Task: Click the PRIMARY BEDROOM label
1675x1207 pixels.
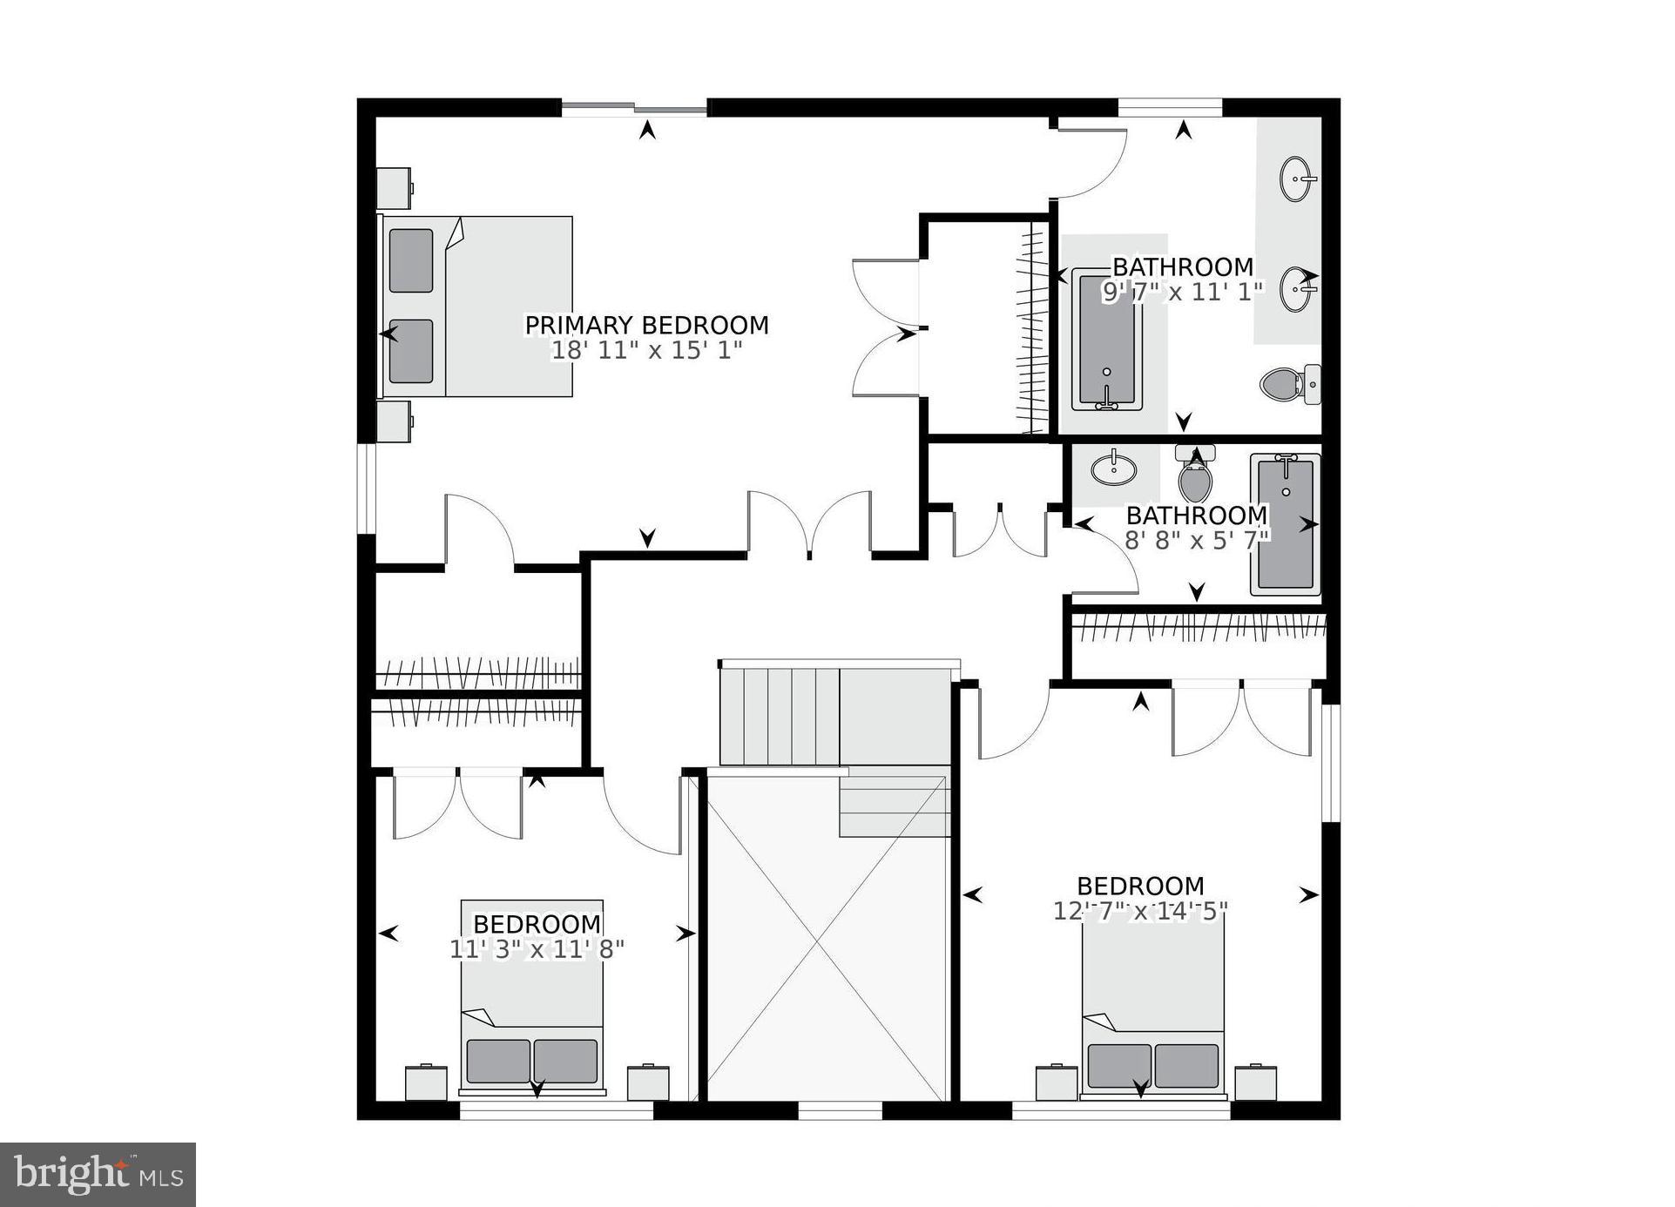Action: point(646,326)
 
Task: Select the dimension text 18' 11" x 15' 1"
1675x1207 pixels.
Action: point(646,351)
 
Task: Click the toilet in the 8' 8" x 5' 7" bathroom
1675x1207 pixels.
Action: point(1196,478)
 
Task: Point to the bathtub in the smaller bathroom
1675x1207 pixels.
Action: point(1286,524)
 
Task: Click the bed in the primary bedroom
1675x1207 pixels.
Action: point(477,307)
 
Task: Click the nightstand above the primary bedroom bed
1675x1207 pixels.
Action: point(395,187)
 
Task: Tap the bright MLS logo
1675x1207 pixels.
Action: point(98,1175)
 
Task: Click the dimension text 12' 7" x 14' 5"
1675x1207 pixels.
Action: point(1140,911)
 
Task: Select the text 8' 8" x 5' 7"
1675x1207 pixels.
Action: point(1197,541)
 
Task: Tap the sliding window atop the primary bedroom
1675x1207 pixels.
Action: point(633,108)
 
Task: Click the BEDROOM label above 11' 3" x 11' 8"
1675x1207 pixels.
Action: point(537,924)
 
